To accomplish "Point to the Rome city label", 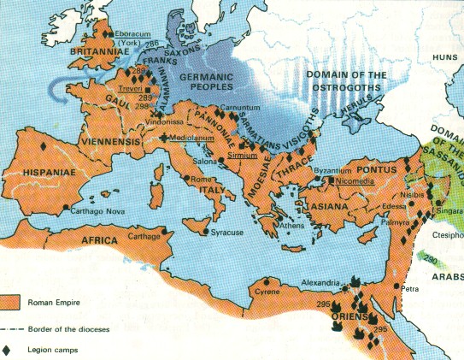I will point(199,179).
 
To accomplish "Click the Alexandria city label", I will point(321,282).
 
